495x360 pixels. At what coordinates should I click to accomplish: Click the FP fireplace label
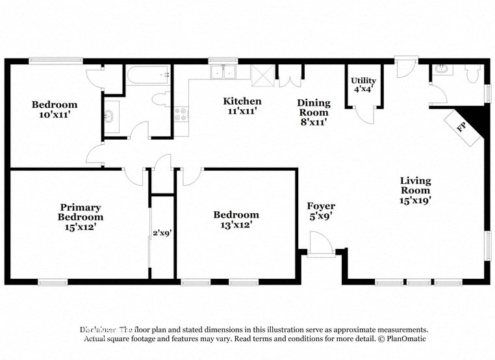tap(463, 126)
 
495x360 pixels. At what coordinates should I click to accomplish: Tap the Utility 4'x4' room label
tap(363, 85)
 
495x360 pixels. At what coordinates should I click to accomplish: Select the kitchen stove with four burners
tap(181, 114)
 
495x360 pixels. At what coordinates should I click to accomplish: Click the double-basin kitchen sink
tap(223, 71)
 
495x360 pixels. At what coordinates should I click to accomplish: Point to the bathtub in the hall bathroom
tap(149, 75)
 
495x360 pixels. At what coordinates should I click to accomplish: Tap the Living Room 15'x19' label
tap(415, 190)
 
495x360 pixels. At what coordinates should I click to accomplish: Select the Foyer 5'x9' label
tap(321, 211)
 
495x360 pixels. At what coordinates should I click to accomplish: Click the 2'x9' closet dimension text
tap(162, 232)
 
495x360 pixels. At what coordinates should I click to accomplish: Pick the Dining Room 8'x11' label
tap(314, 112)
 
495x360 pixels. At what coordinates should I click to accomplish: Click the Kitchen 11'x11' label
tap(242, 105)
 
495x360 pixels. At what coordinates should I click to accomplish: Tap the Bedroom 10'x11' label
tap(55, 109)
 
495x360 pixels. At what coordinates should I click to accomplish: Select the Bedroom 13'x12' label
tap(236, 220)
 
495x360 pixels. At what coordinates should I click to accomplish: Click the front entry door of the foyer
tap(321, 247)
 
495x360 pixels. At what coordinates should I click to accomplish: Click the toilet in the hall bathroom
tap(159, 101)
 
